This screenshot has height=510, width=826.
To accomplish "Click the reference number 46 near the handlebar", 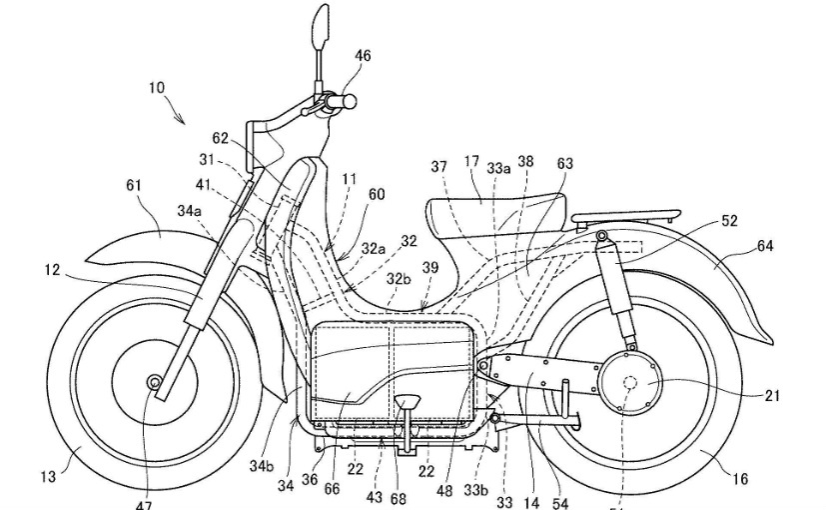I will point(363,57).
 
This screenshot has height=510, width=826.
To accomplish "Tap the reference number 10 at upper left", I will point(158,88).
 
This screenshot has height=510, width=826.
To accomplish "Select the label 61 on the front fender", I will point(134,185).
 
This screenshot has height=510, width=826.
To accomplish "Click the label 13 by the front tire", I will point(48,477).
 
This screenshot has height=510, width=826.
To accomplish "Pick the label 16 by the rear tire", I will point(739,480).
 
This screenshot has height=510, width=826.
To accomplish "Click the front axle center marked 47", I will point(154,382).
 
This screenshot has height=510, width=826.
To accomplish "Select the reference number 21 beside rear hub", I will point(772,396).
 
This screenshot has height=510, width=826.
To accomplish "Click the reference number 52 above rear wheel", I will point(729,221).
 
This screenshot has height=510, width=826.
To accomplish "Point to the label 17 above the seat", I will point(472,162).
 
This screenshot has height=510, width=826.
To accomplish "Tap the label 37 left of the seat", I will point(438,167).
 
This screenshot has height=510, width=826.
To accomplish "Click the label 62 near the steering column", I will point(221,139).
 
